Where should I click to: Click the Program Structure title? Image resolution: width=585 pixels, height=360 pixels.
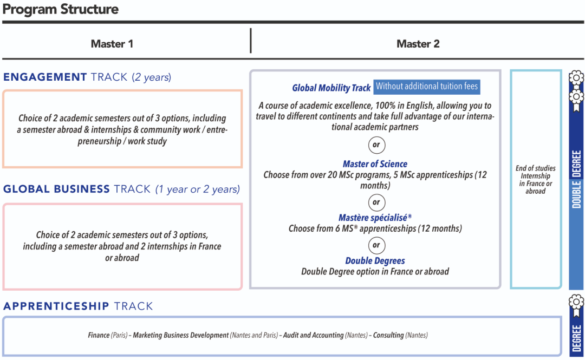click(x=60, y=9)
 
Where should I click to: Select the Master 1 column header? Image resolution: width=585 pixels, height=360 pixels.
click(x=112, y=44)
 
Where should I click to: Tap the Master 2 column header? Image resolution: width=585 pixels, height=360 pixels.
click(x=418, y=44)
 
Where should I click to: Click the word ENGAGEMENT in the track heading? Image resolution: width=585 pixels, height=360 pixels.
click(x=45, y=77)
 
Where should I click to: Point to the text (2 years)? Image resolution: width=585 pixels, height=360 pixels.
click(x=152, y=77)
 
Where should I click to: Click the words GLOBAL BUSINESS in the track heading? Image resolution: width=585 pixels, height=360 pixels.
click(x=56, y=189)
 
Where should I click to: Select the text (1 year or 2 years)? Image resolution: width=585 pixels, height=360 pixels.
click(x=197, y=189)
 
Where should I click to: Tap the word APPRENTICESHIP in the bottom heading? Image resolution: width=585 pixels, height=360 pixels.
click(x=56, y=306)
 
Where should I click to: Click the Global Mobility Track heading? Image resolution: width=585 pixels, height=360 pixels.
click(x=331, y=88)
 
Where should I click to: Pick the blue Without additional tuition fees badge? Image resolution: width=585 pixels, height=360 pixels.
click(x=427, y=87)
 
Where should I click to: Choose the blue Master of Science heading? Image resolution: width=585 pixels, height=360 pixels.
click(x=375, y=164)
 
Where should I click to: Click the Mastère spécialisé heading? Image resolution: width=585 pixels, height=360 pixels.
click(x=375, y=218)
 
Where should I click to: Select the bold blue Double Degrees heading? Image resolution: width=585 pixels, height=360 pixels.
click(x=375, y=261)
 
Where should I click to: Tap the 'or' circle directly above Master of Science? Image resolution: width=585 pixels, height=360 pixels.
click(x=376, y=145)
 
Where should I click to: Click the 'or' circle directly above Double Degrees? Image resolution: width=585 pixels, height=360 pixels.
click(x=376, y=245)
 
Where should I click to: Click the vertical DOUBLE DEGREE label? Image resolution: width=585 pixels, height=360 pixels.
click(x=576, y=179)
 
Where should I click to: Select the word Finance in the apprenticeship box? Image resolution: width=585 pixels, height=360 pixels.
click(x=99, y=335)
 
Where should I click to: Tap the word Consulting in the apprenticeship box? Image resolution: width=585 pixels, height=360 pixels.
click(x=388, y=335)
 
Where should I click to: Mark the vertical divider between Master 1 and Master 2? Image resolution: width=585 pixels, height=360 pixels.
click(x=251, y=41)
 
